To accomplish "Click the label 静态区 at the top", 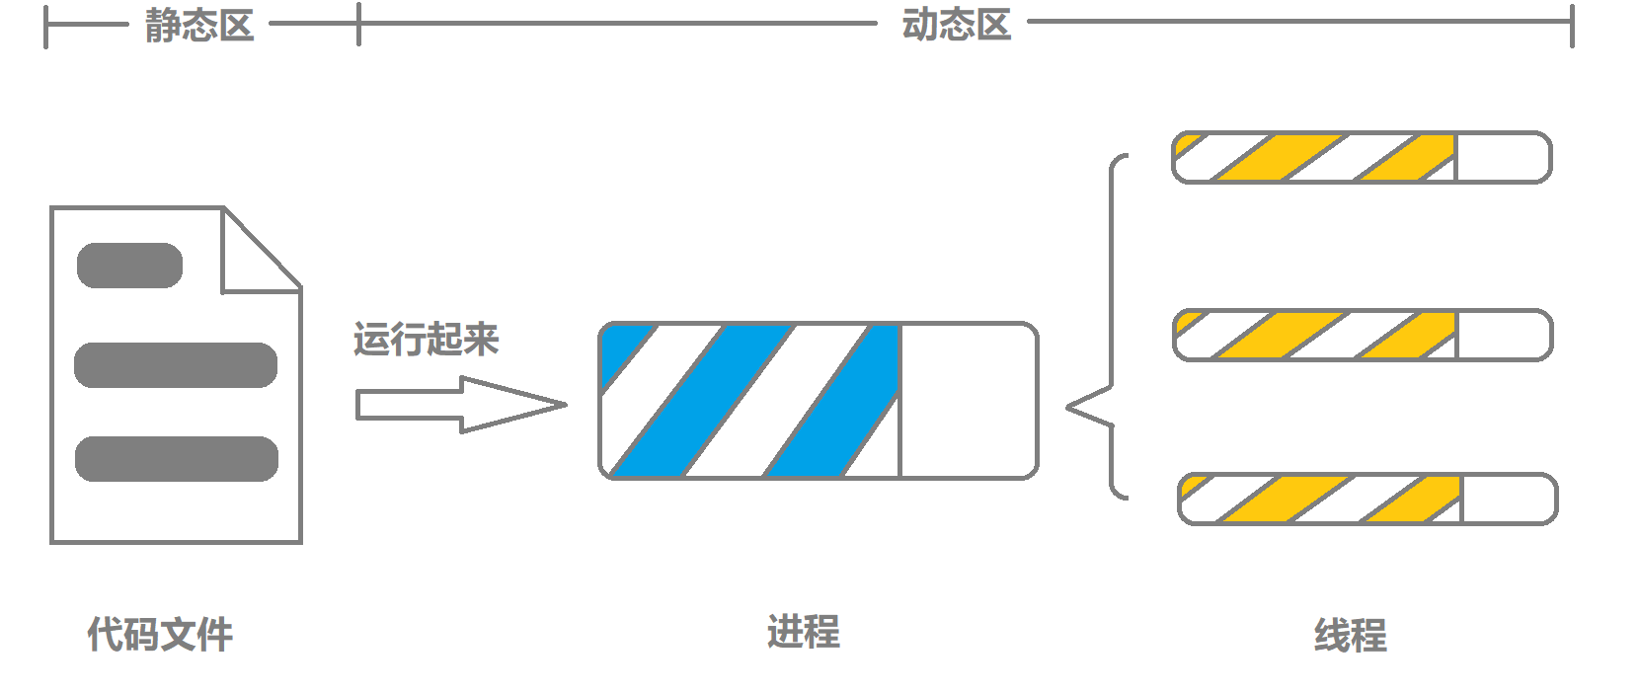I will pyautogui.click(x=199, y=26).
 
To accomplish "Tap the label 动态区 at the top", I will pyautogui.click(x=956, y=25).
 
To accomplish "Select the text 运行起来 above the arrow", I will pyautogui.click(x=427, y=339).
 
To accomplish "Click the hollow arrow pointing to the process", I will pyautogui.click(x=459, y=405).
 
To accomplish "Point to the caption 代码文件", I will pyautogui.click(x=160, y=634).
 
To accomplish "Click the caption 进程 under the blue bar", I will pyautogui.click(x=803, y=632).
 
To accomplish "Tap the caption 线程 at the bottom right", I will pyautogui.click(x=1350, y=635).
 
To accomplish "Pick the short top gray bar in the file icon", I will pyautogui.click(x=129, y=266).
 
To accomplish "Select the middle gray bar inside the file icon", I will pyautogui.click(x=176, y=365).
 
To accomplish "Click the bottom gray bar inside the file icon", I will pyautogui.click(x=177, y=459).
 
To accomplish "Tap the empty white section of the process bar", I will pyautogui.click(x=968, y=401).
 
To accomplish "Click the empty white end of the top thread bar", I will pyautogui.click(x=1501, y=158).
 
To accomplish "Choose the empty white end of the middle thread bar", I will pyautogui.click(x=1502, y=336).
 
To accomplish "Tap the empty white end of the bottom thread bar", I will pyautogui.click(x=1507, y=500).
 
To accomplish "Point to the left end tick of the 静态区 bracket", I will pyautogui.click(x=45, y=26).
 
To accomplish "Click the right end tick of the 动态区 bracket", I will pyautogui.click(x=1572, y=25).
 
